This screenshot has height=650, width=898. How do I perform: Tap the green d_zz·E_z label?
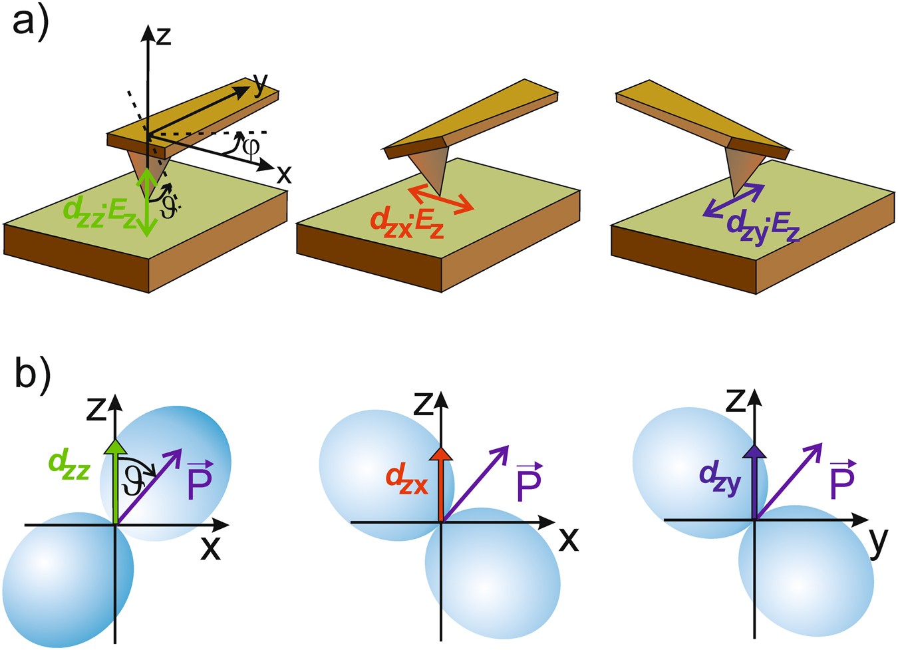100,212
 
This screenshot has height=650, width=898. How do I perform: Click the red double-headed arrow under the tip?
441,200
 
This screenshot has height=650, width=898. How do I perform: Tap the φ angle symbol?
251,146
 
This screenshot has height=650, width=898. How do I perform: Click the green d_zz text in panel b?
69,461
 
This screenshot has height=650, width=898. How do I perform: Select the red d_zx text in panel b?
406,478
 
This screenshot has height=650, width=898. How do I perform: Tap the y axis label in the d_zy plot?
877,542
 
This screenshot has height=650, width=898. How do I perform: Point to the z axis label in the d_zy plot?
734,401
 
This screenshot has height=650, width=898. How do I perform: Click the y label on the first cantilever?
259,82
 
